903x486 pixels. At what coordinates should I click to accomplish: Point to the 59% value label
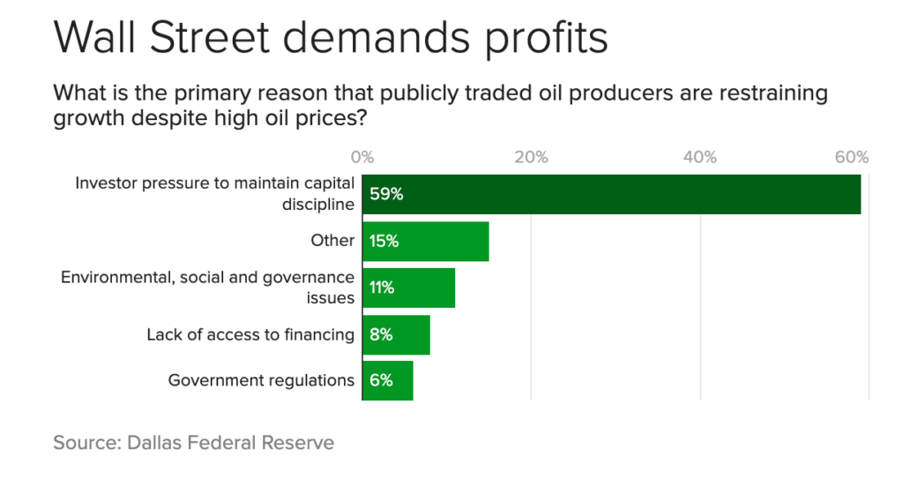(x=386, y=194)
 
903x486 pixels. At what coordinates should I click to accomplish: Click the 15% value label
(x=384, y=241)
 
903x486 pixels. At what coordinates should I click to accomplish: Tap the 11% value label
(x=383, y=288)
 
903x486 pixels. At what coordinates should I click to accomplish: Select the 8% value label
(x=381, y=334)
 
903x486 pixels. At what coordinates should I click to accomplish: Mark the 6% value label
(x=381, y=380)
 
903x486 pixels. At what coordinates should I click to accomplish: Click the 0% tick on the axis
(x=362, y=157)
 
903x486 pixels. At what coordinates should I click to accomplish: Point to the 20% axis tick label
(x=531, y=157)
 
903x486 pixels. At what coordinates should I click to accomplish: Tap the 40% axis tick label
(x=700, y=157)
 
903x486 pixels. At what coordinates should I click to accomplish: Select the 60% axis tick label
(x=852, y=157)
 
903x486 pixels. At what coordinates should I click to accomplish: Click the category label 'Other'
(x=332, y=241)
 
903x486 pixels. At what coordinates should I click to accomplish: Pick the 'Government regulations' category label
(x=261, y=380)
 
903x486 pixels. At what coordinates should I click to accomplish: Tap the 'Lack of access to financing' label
(x=250, y=334)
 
